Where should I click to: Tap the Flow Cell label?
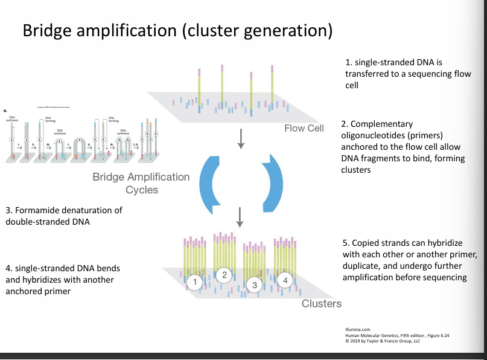(304, 128)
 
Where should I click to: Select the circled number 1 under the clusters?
(194, 281)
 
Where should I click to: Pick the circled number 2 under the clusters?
(224, 275)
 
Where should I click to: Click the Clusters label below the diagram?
(321, 303)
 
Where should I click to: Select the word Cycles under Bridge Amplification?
(143, 190)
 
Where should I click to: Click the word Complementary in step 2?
(378, 123)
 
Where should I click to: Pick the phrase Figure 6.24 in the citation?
(439, 335)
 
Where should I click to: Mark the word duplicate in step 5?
(361, 266)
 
